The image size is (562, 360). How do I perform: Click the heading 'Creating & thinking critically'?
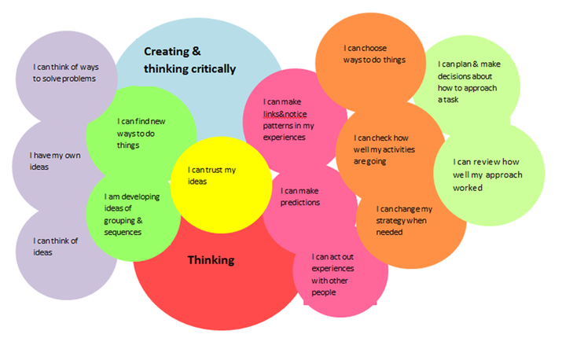[189, 61]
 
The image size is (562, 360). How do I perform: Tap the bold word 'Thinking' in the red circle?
[211, 259]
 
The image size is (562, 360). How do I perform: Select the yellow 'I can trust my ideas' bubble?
[212, 175]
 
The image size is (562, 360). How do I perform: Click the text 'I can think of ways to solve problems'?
[64, 73]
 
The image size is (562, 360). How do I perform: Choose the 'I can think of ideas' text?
[55, 246]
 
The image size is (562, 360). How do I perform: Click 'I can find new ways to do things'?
[142, 133]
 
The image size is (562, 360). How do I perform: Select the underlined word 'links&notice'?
[285, 114]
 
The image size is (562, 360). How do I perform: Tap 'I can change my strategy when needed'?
[404, 220]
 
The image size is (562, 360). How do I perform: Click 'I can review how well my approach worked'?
[487, 174]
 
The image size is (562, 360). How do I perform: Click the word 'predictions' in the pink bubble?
[300, 203]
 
